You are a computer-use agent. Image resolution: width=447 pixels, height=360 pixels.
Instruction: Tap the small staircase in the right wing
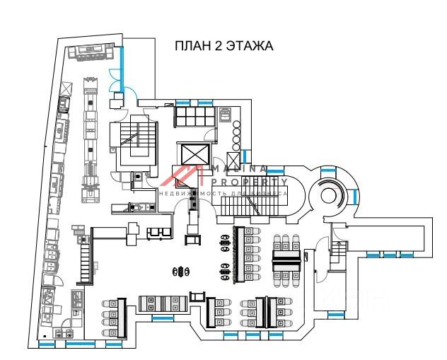[x=339, y=252]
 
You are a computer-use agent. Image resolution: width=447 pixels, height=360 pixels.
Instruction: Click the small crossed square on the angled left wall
[x=66, y=87]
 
